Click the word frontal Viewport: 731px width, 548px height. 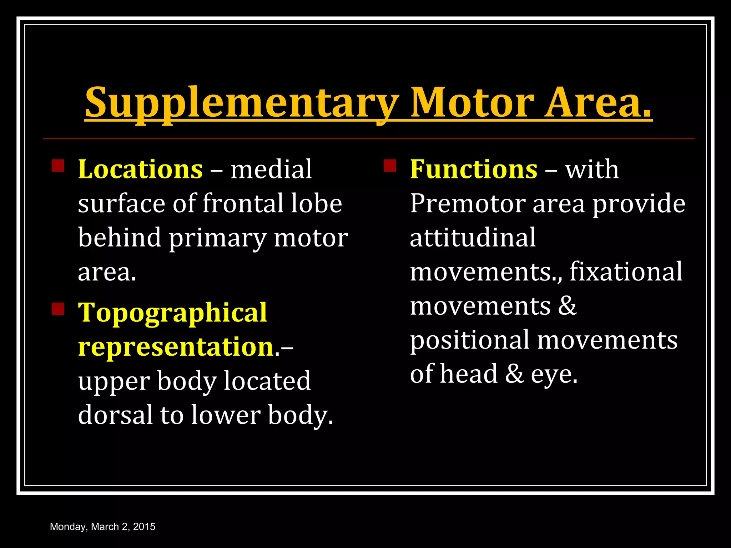click(242, 203)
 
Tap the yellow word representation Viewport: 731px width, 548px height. click(176, 347)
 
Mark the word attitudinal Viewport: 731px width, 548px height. click(473, 238)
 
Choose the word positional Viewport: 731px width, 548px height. click(470, 340)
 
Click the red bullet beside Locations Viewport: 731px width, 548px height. click(58, 166)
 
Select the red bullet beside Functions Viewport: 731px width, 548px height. click(390, 166)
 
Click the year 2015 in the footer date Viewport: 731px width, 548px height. click(144, 527)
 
